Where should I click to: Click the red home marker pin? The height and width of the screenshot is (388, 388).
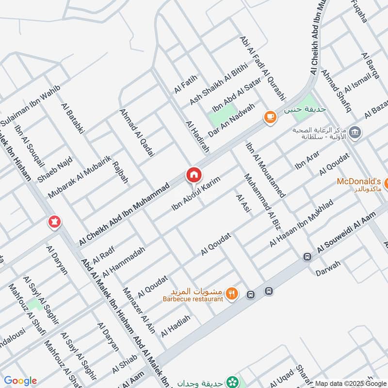[x=194, y=176]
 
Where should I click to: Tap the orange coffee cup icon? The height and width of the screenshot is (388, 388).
[x=270, y=116]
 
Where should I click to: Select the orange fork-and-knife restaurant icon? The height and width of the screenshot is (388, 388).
[x=232, y=293]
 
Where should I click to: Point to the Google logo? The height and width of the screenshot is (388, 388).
[x=20, y=381]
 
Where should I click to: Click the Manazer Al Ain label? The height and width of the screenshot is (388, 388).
[x=139, y=310]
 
